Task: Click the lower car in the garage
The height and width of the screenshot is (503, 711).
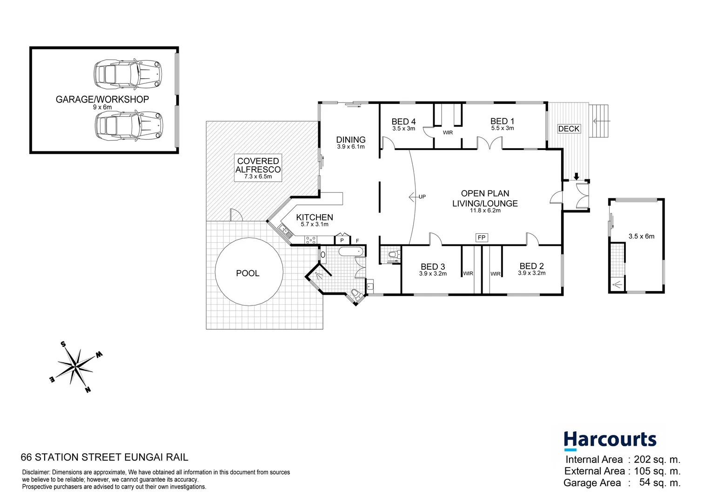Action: [x=129, y=126]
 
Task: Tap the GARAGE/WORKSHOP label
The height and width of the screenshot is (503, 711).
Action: [x=102, y=99]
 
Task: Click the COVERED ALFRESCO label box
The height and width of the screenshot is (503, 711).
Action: [x=258, y=168]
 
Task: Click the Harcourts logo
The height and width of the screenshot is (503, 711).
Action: [x=610, y=440]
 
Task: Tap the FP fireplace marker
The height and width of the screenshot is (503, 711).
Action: [x=481, y=238]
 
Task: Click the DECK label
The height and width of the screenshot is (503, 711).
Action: [x=569, y=129]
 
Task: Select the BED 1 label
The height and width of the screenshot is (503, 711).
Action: [x=502, y=121]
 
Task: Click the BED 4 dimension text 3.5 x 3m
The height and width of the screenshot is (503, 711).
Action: [x=403, y=129]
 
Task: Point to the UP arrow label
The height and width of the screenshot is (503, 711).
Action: [x=422, y=197]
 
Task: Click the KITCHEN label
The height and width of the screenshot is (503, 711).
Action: [x=315, y=217]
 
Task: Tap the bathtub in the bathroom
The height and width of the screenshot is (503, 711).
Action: [x=350, y=252]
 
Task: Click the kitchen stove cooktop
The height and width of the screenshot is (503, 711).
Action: [x=311, y=240]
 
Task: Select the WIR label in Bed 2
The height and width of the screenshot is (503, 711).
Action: [x=495, y=274]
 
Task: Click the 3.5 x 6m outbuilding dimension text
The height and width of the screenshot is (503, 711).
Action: [x=641, y=236]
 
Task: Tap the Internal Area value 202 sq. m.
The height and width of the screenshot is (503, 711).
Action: [x=657, y=459]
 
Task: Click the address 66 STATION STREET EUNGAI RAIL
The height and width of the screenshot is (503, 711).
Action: [x=105, y=457]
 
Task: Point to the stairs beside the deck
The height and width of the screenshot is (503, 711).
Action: [x=599, y=121]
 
